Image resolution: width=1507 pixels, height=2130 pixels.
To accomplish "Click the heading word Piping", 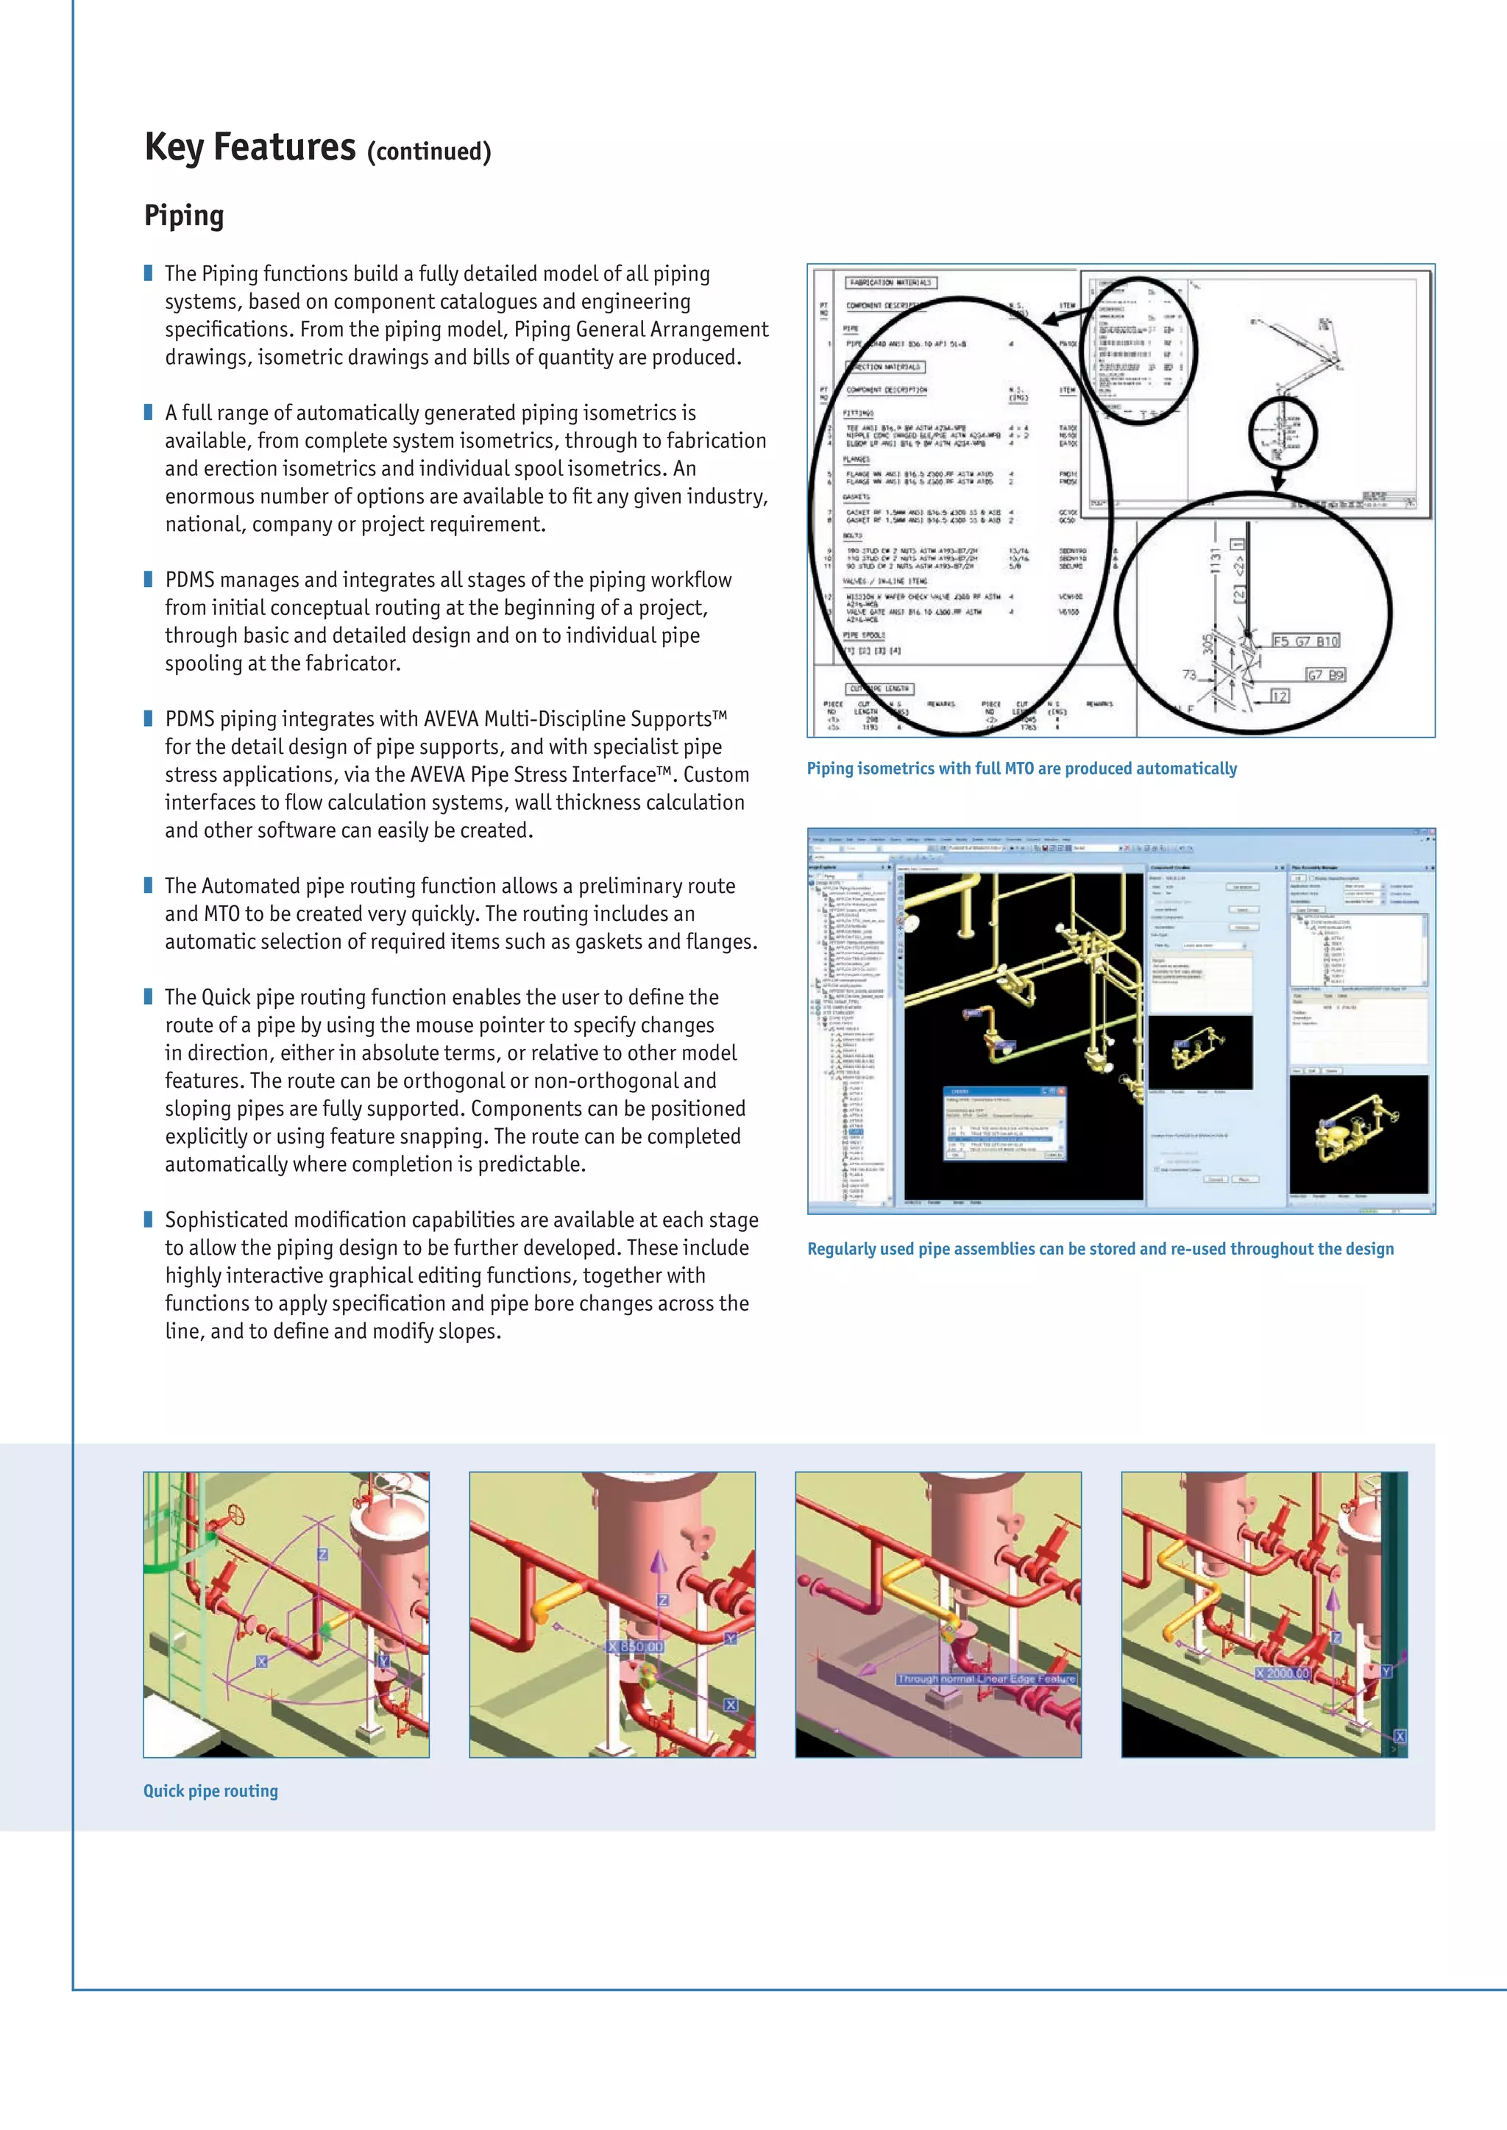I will (x=184, y=216).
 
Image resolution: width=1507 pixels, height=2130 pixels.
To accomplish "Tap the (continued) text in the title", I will (x=429, y=152).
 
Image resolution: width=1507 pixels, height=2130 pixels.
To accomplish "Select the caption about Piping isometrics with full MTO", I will (x=1021, y=768).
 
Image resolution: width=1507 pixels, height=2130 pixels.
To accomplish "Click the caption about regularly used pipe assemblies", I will (x=1099, y=1249).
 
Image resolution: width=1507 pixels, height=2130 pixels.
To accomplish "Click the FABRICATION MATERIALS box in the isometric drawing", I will (x=889, y=282).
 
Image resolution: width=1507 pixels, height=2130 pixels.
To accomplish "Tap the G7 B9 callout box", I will (x=1325, y=674).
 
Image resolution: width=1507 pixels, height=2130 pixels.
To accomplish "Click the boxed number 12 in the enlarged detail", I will (x=1280, y=696).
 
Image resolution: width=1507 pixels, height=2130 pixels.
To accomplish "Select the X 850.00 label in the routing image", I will (x=637, y=1647).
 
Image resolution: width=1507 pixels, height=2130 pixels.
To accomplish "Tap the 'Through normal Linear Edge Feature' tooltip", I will (x=985, y=1678).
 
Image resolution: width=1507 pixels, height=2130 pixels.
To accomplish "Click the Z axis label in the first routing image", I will (x=322, y=1554).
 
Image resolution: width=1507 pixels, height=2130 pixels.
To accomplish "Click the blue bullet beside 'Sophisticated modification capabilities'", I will (x=149, y=1218).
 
